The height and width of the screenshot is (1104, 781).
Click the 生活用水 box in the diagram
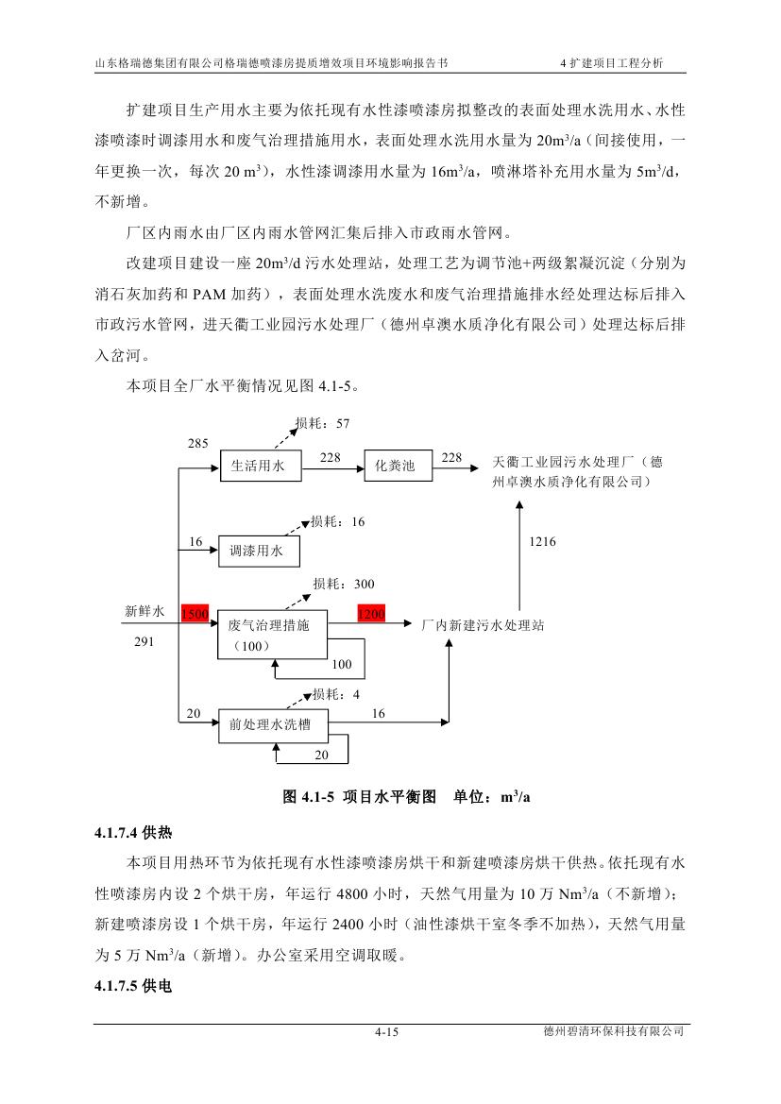259,467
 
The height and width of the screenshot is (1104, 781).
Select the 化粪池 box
395,467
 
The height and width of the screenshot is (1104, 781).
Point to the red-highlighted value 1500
195,614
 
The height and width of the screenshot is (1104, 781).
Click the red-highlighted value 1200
371,614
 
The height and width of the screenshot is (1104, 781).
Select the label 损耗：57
322,424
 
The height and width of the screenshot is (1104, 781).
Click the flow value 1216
542,542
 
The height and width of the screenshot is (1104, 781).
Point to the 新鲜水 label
144,611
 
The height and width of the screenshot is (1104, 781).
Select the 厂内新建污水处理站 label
482,625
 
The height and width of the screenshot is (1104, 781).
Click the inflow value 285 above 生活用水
197,442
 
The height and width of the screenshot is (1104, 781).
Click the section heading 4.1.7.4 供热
133,833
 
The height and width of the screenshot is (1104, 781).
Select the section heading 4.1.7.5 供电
133,986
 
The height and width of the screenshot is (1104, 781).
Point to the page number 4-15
387,1032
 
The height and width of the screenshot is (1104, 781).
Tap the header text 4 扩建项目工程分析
612,62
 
